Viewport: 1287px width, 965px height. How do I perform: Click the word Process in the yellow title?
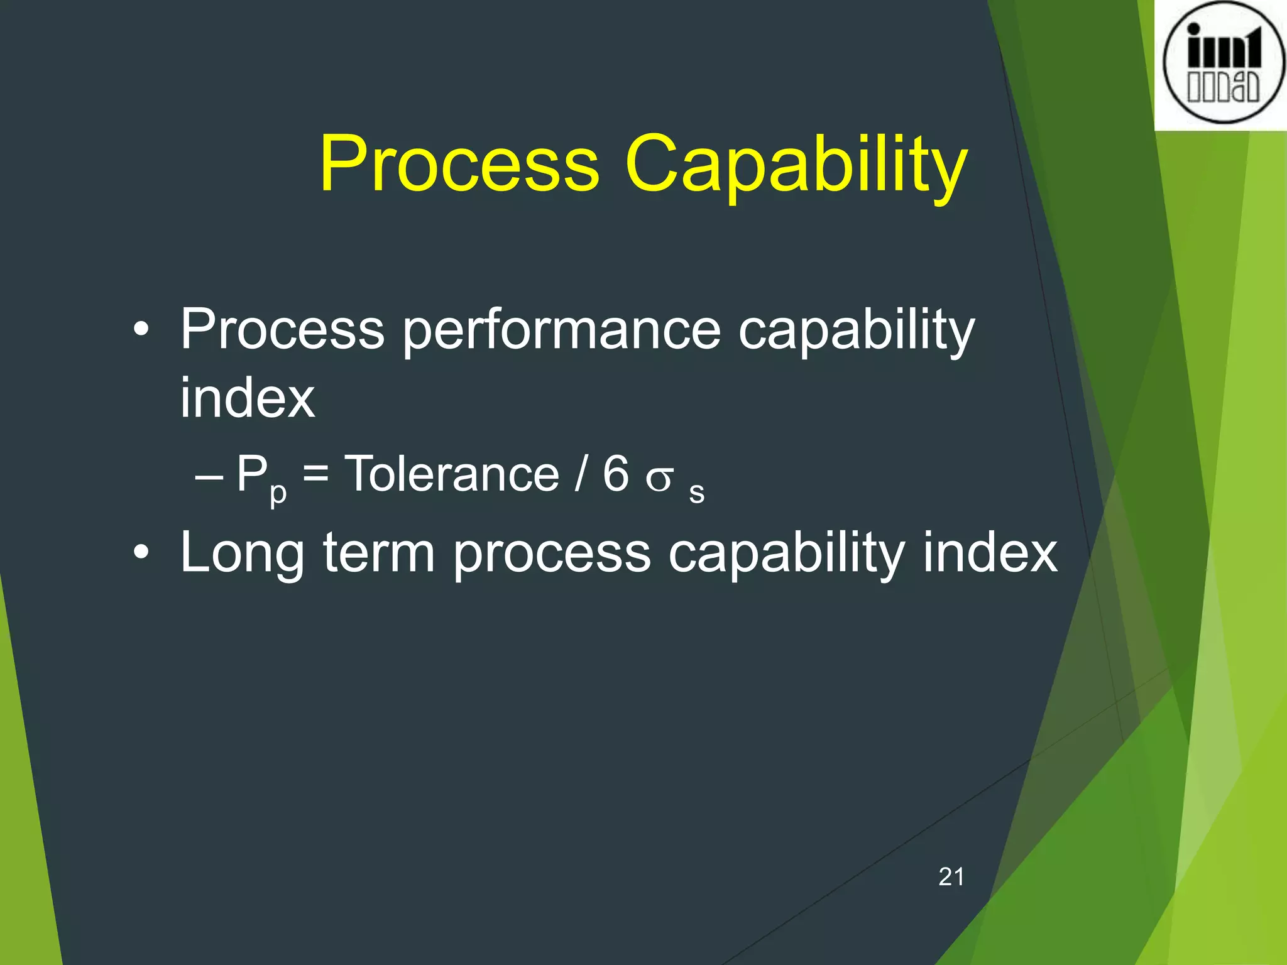pos(459,165)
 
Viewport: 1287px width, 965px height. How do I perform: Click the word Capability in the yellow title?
pos(796,165)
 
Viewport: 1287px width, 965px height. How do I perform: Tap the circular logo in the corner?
pos(1223,63)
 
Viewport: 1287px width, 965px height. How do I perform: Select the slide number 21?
pos(951,876)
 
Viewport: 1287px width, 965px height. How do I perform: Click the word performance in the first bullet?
pos(561,331)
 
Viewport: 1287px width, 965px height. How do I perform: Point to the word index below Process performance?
pos(247,398)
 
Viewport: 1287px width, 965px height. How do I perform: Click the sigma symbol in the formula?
pos(660,479)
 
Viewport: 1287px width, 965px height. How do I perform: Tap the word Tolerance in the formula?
pos(452,474)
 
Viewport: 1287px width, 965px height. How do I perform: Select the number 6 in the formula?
pos(615,474)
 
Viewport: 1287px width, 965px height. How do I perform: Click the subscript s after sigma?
pos(696,493)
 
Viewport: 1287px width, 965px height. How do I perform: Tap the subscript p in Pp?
pos(278,493)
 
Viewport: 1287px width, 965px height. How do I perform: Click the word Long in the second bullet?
pos(242,554)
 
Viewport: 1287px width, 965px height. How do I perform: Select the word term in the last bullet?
pos(379,553)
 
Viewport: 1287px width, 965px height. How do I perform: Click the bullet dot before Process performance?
pos(141,329)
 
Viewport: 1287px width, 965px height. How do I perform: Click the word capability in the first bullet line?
pos(856,331)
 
